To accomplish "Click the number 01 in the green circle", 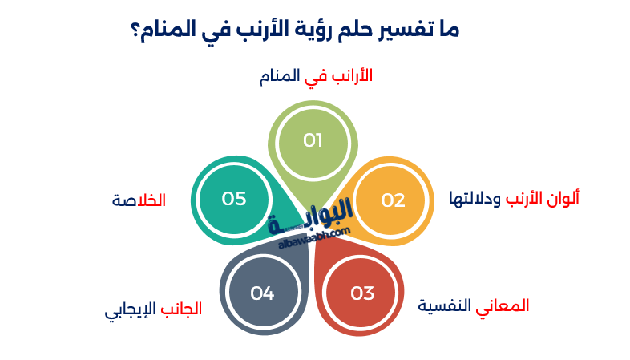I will [x=313, y=141].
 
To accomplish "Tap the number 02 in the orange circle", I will [x=393, y=200].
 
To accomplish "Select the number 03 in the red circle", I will [x=362, y=293].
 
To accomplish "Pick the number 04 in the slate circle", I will [x=262, y=293].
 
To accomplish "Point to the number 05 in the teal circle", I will [x=234, y=199].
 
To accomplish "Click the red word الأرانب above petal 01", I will [x=349, y=76].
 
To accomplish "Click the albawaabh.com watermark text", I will [x=315, y=237].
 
